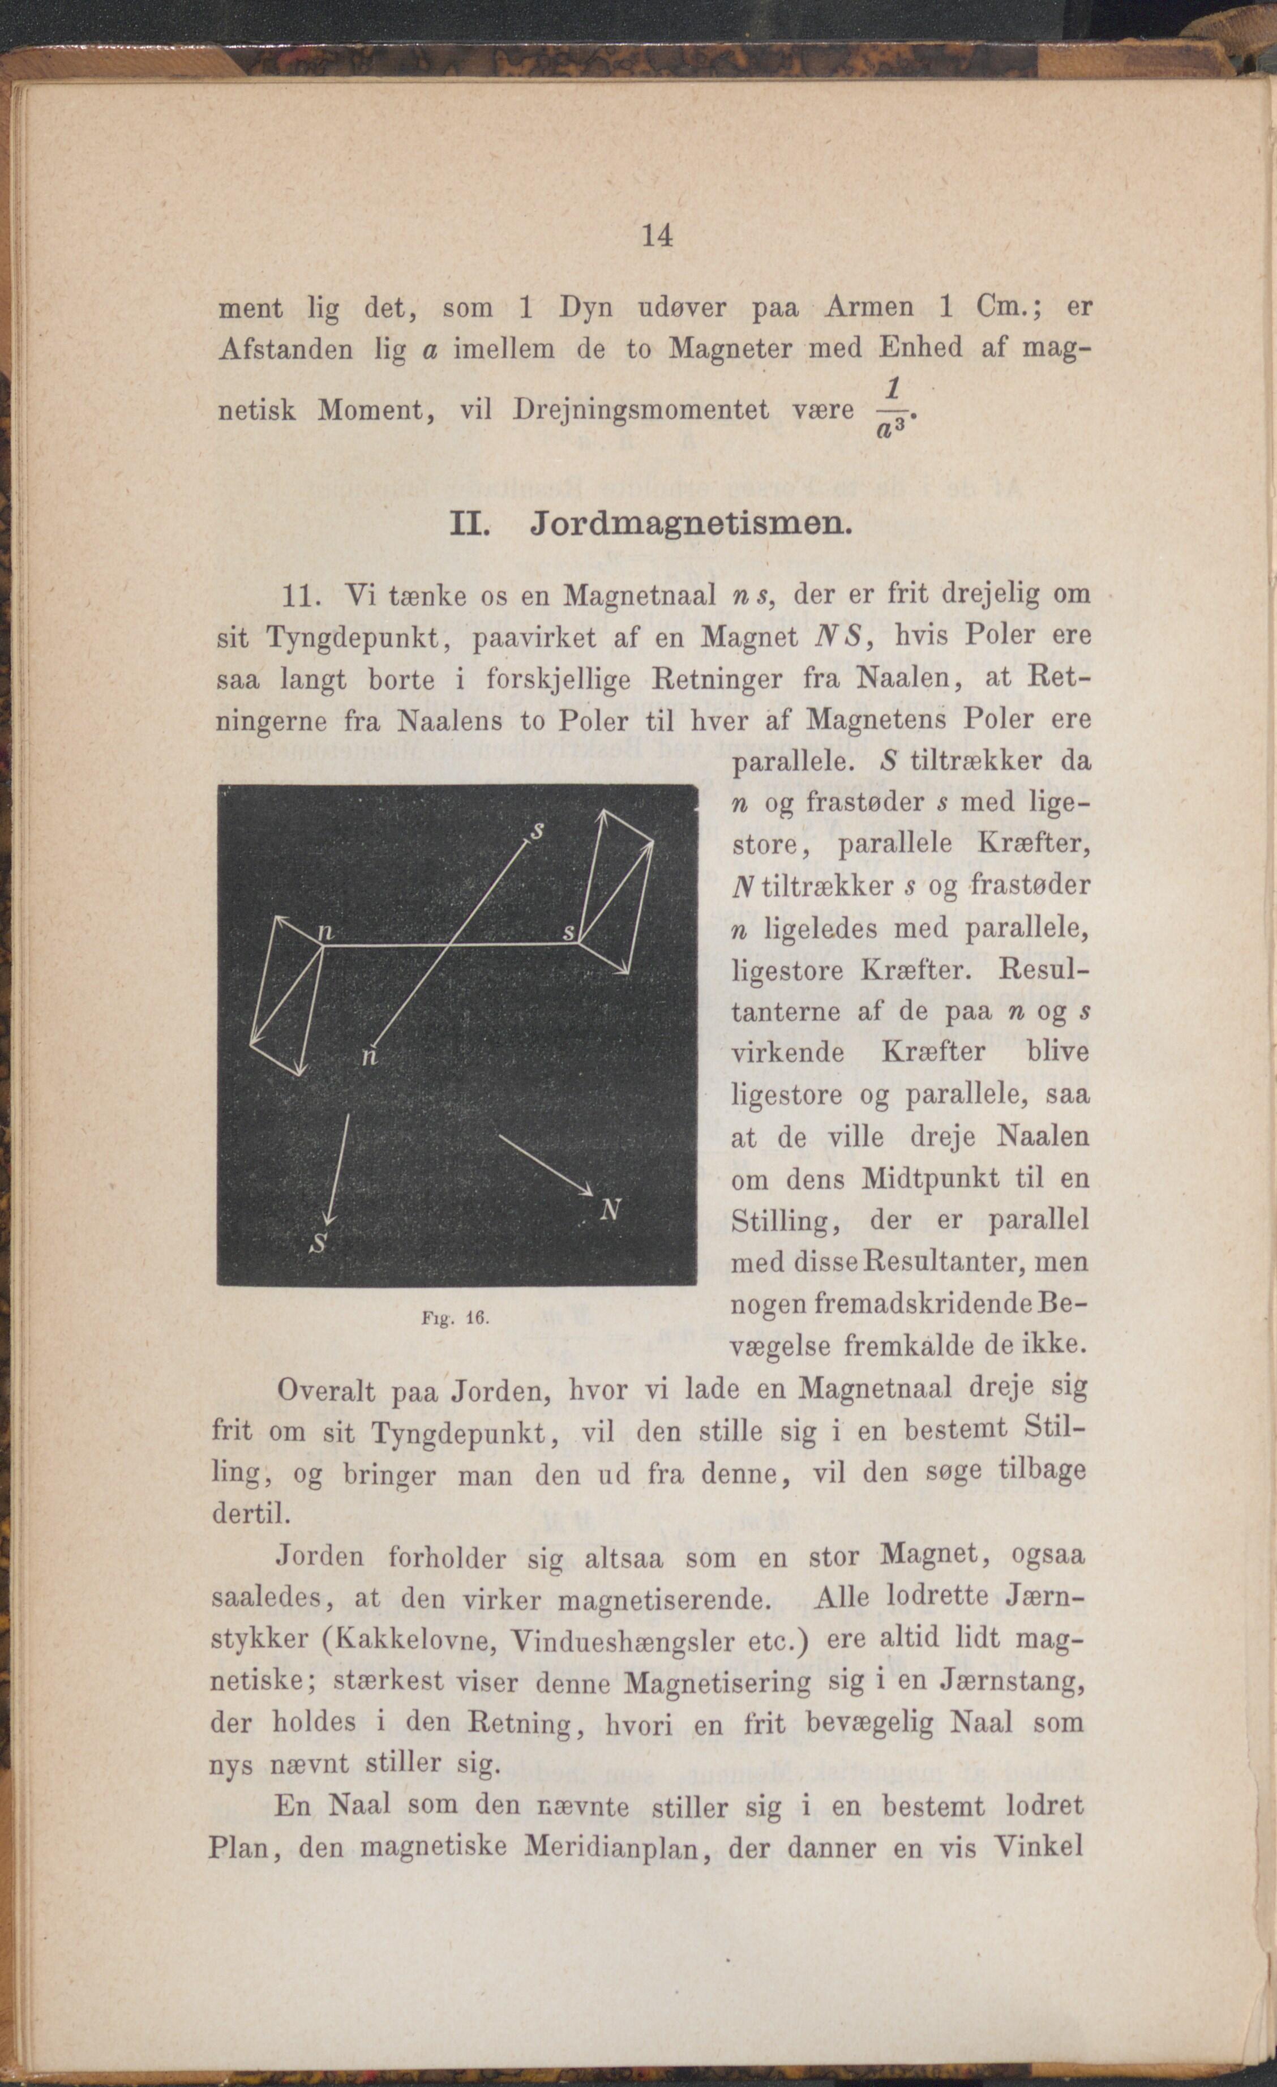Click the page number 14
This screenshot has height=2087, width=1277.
tap(657, 236)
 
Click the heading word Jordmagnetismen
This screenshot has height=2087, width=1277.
tap(690, 525)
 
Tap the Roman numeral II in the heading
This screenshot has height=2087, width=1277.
tap(466, 524)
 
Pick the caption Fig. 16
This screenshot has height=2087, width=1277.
tap(456, 1319)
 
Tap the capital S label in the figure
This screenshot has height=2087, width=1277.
tap(319, 1243)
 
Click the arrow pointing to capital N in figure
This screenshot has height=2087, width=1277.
tap(546, 1165)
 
